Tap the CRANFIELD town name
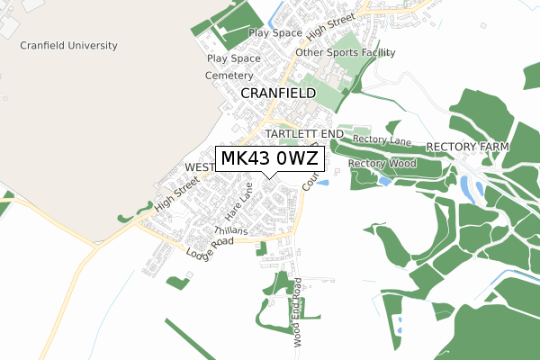[278, 93]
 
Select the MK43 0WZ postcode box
[268, 159]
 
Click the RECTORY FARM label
[467, 146]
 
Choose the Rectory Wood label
[382, 164]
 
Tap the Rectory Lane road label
[382, 140]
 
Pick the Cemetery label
[229, 75]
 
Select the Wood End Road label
[297, 312]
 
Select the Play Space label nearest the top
[274, 33]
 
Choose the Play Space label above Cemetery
[233, 58]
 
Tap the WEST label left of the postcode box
[200, 167]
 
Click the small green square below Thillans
[262, 248]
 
